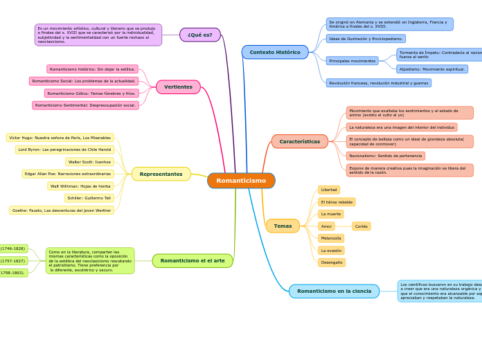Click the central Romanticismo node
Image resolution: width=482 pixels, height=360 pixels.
pos(241,181)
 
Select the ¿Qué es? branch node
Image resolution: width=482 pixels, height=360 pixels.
pos(200,35)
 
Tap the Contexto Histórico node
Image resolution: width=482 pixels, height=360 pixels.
pos(275,52)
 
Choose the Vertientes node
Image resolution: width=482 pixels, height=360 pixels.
pos(178,87)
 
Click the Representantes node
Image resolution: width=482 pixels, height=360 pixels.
pos(161,174)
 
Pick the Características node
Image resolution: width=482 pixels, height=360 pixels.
pos(299,141)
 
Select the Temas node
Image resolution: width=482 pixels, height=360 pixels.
pos(283,226)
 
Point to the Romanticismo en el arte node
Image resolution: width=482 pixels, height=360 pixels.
pos(193,261)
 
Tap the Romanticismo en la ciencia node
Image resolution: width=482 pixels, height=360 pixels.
pos(334,291)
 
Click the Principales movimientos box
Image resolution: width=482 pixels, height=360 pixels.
pos(352,61)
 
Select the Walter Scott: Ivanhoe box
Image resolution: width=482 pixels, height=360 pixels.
pos(89,162)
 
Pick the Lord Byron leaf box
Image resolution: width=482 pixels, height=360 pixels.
pos(64,150)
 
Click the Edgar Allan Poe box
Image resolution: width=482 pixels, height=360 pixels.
pos(68,174)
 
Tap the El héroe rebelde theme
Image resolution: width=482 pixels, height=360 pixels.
pos(337,202)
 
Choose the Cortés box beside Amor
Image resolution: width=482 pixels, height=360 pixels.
pos(361,226)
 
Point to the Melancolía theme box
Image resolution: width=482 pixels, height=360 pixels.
pos(331,238)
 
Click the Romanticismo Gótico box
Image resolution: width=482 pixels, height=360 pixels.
pos(91,93)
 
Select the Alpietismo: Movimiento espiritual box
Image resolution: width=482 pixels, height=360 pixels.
pos(432,69)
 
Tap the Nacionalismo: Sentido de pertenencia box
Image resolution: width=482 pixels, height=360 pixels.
pos(386,156)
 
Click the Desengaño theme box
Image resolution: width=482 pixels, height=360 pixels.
pos(332,262)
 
